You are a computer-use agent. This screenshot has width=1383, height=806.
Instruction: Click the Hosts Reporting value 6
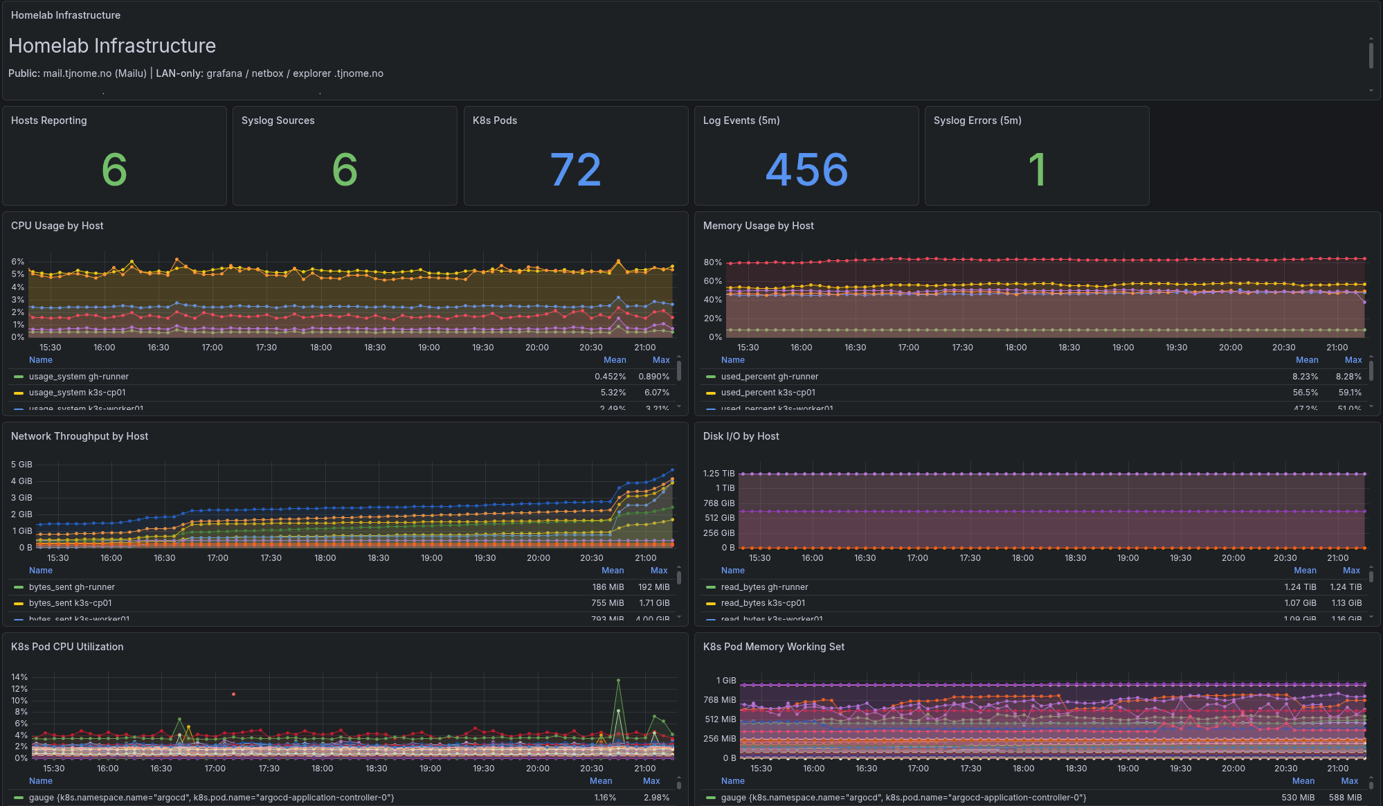(114, 170)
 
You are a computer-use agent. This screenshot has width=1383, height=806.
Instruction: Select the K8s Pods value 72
(575, 170)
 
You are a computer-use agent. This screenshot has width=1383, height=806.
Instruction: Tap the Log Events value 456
(806, 170)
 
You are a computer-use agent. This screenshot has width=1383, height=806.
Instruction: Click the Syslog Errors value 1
(1036, 170)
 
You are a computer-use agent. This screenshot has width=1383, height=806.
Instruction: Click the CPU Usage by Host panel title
(57, 226)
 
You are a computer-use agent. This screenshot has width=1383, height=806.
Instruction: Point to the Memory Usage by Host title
(758, 226)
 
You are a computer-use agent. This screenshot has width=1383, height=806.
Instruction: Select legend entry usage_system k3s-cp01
(77, 393)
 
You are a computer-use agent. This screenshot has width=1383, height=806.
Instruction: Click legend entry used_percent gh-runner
(769, 377)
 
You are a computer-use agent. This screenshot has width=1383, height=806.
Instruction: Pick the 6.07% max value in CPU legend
(656, 393)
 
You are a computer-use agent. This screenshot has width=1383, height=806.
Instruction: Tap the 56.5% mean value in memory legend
(1305, 393)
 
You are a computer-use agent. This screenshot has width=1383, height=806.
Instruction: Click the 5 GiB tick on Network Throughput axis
(21, 465)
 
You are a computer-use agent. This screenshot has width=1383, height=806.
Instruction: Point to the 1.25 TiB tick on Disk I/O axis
(718, 474)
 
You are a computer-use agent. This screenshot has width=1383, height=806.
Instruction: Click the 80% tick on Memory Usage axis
(712, 262)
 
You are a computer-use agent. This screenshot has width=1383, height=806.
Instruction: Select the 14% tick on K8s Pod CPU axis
(19, 677)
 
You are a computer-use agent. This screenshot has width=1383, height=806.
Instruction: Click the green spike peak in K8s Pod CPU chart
(618, 681)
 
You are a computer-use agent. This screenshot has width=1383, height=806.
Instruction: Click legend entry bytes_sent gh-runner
(71, 587)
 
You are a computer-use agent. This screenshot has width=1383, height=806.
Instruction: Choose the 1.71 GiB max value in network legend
(654, 603)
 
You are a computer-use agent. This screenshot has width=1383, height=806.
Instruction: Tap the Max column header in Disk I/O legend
(1351, 571)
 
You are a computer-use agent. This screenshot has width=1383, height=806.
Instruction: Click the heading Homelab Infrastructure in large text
(112, 46)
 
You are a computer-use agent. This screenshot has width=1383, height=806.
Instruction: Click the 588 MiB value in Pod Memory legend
(1345, 798)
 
